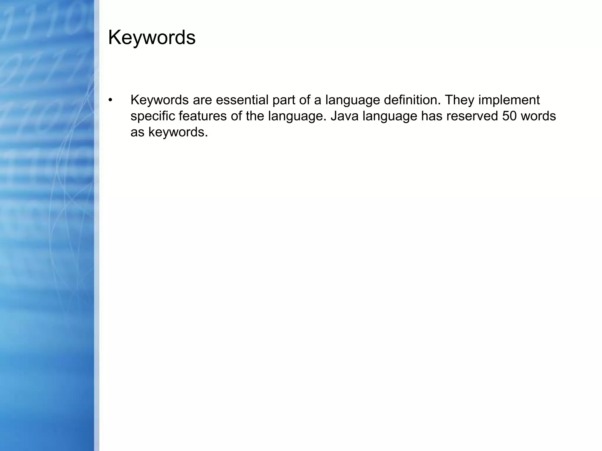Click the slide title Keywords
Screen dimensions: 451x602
coord(152,38)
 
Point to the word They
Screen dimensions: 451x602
coord(459,100)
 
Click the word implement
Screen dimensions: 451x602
coord(509,100)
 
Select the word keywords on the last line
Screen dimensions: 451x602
coord(178,132)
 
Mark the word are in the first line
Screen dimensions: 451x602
coord(202,100)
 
